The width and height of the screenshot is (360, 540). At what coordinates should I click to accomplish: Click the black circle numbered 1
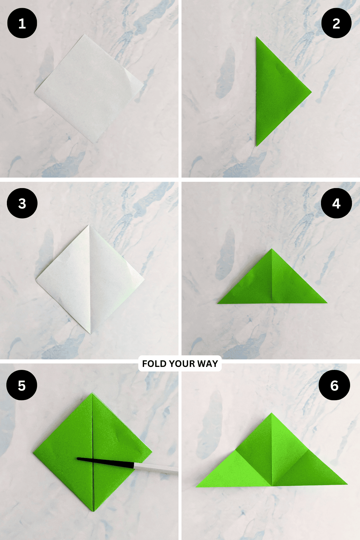(22, 23)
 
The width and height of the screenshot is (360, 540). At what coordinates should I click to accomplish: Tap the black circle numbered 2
(336, 23)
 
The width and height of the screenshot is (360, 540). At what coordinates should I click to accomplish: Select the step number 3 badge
(22, 203)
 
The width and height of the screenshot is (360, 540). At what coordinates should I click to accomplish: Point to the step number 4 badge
(336, 203)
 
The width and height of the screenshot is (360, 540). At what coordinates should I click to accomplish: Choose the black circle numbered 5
(22, 385)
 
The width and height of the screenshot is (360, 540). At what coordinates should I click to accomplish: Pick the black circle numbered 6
(334, 385)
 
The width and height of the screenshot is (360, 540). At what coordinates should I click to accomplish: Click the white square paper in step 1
(89, 88)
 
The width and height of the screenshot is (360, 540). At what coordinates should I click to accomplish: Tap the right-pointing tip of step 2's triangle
(311, 92)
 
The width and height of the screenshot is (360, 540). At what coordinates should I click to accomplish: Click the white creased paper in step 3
(90, 279)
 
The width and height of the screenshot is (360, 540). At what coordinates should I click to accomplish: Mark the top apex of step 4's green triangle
(272, 249)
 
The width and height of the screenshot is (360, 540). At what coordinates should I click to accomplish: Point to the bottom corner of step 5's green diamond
(94, 511)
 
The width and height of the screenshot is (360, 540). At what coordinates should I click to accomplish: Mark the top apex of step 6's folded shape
(272, 413)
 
